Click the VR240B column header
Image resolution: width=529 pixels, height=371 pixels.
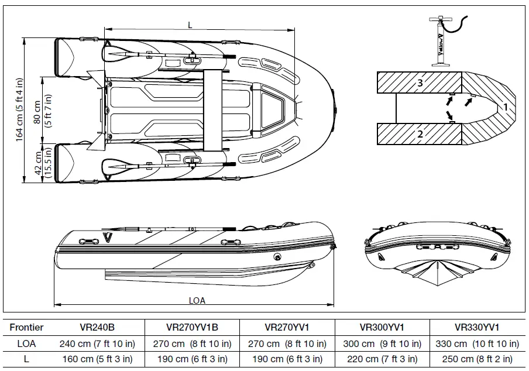point(96,328)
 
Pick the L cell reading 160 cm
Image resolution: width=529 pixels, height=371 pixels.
point(96,359)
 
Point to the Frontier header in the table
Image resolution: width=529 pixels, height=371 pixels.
point(26,328)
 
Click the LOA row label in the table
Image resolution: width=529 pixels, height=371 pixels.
point(26,343)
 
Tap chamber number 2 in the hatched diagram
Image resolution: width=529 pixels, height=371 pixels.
point(420,134)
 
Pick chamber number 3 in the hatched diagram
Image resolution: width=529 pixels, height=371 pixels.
point(420,83)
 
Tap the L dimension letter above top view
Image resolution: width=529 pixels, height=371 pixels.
point(190,25)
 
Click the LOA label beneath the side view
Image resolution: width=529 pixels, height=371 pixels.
point(197,300)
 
